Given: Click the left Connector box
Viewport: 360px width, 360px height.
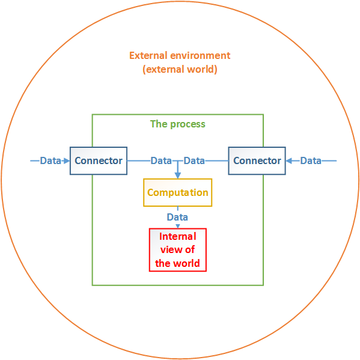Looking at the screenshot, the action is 99,160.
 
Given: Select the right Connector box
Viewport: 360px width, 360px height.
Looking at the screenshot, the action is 257,160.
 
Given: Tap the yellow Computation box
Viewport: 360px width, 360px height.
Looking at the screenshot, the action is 178,192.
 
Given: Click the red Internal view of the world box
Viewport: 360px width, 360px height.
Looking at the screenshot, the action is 178,250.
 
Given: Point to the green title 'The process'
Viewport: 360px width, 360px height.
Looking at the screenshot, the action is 178,124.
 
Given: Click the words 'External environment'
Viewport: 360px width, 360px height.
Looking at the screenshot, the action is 180,55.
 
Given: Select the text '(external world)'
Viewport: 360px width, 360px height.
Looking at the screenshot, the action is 180,69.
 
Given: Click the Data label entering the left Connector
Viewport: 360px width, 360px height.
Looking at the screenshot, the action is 50,160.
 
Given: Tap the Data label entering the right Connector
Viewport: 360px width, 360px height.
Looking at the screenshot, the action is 311,160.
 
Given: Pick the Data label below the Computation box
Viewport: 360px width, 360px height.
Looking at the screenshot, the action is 177,217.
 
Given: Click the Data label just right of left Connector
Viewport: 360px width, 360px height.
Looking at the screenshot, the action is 161,160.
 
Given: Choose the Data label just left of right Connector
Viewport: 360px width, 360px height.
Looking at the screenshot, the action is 194,160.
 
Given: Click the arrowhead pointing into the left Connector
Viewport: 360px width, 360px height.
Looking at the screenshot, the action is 67,160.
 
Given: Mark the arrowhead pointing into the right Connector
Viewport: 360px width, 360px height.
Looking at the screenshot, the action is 289,160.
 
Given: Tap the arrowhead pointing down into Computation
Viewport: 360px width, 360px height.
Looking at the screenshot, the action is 178,175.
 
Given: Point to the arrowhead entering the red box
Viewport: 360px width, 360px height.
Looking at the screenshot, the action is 178,227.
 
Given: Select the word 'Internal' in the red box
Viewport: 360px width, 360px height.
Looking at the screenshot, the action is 178,236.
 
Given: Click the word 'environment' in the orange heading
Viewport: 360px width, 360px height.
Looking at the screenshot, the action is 200,55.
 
